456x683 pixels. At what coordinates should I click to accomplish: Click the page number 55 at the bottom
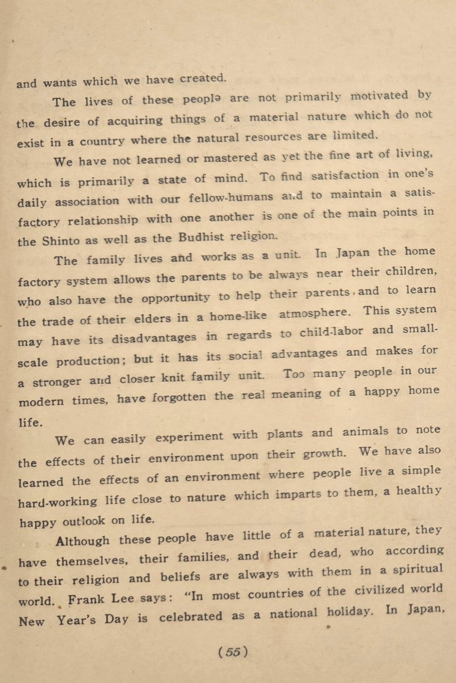(x=233, y=652)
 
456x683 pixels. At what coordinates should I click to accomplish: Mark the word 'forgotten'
(x=178, y=397)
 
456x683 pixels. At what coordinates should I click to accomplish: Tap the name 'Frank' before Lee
(x=86, y=599)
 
